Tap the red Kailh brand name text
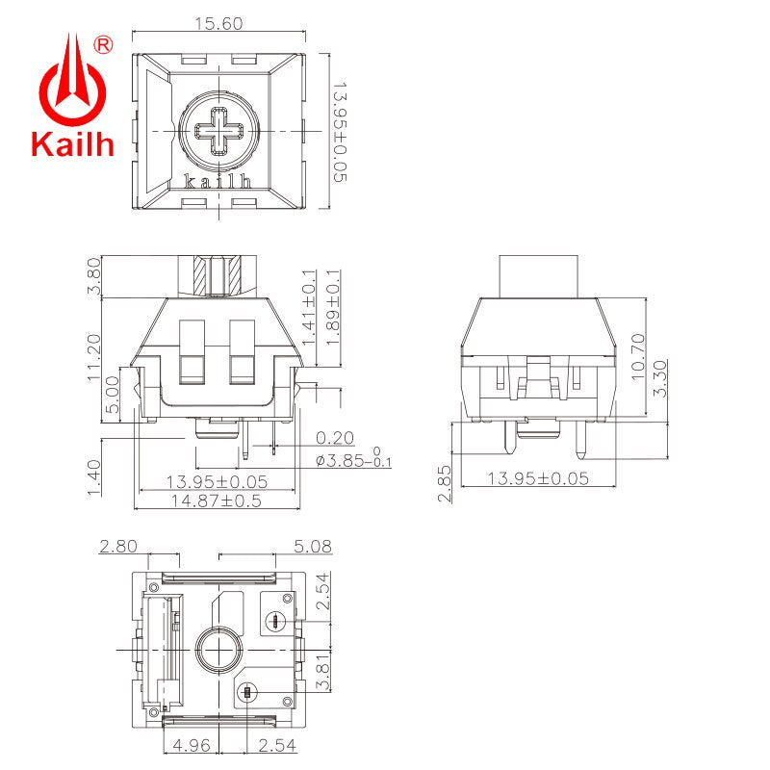(x=72, y=145)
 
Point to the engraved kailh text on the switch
(x=218, y=180)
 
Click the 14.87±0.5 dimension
(x=216, y=501)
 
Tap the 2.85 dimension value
(x=444, y=483)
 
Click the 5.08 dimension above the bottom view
(x=314, y=547)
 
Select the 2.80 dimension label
(x=119, y=547)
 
